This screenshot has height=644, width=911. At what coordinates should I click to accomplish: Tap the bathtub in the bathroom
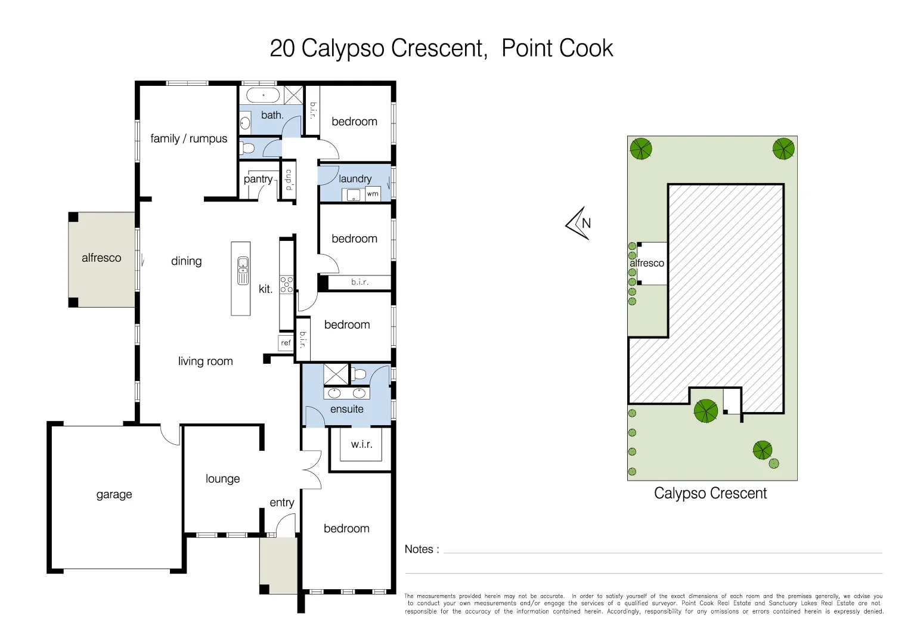tap(263, 95)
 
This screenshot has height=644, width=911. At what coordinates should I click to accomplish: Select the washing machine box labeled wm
tap(373, 194)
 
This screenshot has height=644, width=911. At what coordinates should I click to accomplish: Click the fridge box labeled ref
tap(286, 343)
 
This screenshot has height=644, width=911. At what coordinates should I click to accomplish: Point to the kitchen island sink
tap(243, 270)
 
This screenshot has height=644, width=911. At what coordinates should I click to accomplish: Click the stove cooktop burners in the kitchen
tap(287, 284)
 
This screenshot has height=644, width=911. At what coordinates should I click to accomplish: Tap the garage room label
tap(114, 494)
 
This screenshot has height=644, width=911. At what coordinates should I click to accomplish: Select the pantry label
tap(258, 179)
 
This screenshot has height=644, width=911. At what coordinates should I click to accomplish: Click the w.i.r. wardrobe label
tap(361, 444)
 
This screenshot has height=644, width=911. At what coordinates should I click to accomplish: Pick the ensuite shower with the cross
tap(336, 374)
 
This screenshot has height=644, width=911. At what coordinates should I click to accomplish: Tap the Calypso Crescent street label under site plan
tap(710, 493)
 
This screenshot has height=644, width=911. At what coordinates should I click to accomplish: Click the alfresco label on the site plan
tap(647, 263)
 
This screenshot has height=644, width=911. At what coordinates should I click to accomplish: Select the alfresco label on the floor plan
tap(101, 258)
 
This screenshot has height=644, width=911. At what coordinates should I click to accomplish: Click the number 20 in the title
tap(282, 48)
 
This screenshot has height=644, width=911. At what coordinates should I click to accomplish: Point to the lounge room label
tap(222, 479)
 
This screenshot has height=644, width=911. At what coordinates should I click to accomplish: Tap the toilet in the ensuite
tap(359, 374)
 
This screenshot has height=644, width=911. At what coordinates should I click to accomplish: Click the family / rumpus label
tap(188, 138)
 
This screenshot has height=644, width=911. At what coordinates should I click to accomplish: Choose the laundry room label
tap(355, 178)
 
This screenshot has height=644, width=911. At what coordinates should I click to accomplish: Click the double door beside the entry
tap(312, 469)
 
